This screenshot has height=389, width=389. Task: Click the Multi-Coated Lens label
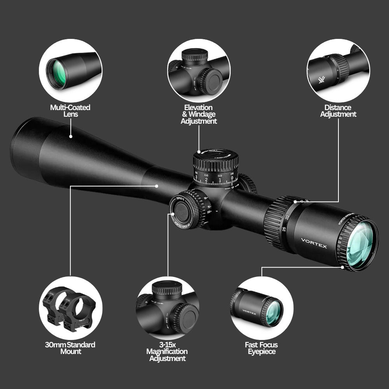coord(70,110)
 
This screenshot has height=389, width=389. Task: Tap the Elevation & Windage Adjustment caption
coord(198,114)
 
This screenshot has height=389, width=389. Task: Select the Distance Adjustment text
coord(338,110)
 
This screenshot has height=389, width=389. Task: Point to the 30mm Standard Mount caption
coord(70,348)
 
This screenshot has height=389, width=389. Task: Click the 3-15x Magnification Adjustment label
coord(167,351)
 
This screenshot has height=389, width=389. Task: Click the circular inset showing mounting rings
coord(70,307)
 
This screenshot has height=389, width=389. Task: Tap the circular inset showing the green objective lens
coord(70,70)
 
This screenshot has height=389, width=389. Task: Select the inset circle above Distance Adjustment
coord(338,70)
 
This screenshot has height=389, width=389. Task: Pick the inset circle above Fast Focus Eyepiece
coord(261,307)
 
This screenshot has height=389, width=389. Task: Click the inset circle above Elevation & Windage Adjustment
coord(199,70)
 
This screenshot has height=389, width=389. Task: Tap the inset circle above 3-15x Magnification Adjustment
coord(167,307)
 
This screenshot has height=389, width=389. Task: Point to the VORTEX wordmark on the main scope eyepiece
coord(314,244)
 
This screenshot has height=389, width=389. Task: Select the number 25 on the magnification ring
coord(284,229)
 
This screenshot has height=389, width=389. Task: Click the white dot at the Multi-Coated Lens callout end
coord(71,137)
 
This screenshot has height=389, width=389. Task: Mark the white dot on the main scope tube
coord(156,186)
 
